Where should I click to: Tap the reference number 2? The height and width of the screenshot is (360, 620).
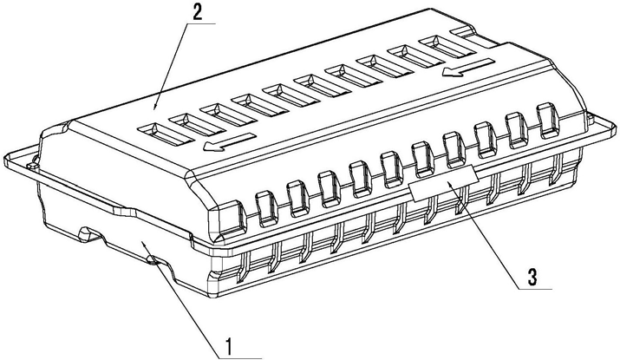click(x=198, y=14)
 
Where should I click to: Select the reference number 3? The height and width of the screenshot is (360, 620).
click(x=532, y=278)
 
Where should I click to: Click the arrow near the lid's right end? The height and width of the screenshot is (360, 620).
click(x=468, y=68)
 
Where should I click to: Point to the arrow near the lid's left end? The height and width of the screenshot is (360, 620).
click(x=228, y=142)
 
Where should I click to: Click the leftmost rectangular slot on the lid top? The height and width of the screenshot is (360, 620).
click(x=166, y=134)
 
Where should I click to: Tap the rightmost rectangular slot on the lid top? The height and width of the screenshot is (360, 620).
click(x=447, y=46)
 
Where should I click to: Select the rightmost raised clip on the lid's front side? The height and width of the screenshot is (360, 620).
click(x=548, y=121)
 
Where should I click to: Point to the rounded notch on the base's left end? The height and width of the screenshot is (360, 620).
click(x=90, y=233)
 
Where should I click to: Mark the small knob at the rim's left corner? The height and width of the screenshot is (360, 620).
click(x=32, y=162)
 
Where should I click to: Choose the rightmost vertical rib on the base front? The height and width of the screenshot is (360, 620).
click(x=556, y=169)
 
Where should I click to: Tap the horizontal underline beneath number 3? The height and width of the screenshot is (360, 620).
click(x=535, y=289)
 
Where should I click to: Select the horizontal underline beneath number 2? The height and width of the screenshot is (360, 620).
click(x=200, y=24)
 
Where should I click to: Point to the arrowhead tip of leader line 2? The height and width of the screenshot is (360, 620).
click(x=153, y=109)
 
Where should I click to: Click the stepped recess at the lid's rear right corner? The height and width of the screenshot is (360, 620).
click(x=473, y=36)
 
